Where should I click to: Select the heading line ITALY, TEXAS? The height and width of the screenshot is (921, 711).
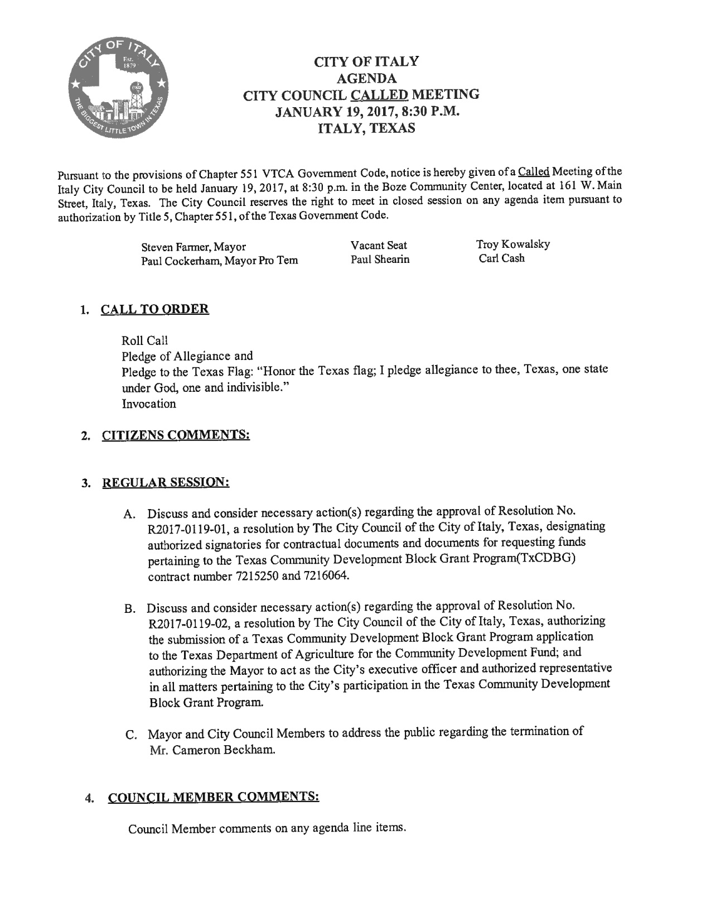366,128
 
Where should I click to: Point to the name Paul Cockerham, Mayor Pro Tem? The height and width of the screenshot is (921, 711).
219,261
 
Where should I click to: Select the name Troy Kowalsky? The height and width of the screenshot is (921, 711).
513,244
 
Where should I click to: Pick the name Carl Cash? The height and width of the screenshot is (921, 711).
502,258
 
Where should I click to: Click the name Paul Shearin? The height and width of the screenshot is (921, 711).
380,260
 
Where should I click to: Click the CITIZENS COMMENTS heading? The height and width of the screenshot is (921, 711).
175,434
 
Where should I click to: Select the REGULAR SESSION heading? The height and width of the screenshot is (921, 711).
166,482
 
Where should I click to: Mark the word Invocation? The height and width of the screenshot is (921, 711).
149,404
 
